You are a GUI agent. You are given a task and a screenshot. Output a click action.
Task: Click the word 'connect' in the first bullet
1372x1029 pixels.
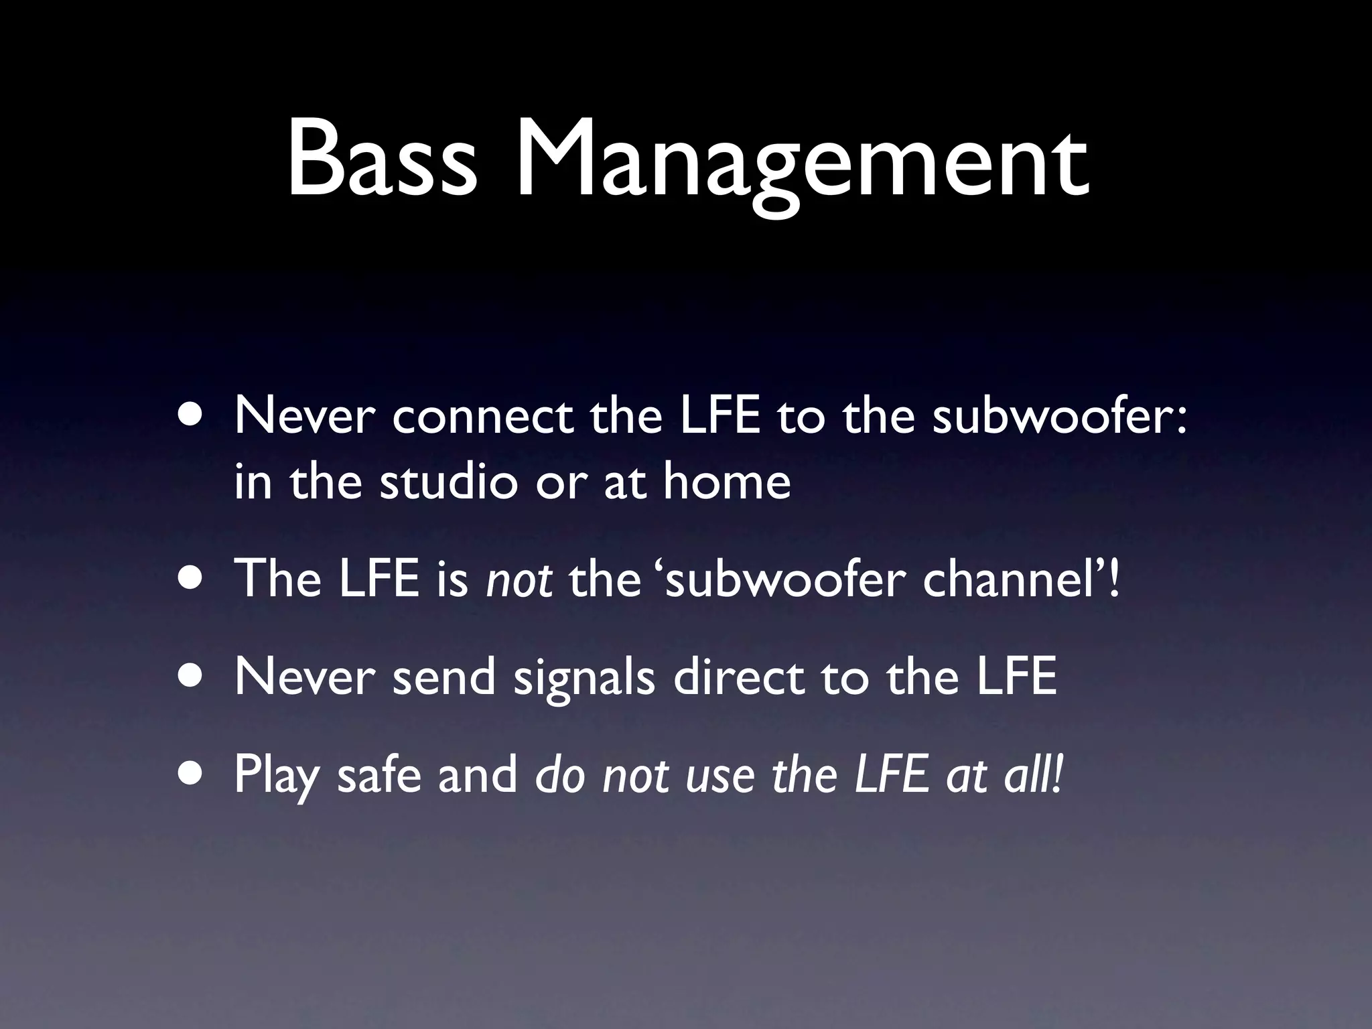point(482,416)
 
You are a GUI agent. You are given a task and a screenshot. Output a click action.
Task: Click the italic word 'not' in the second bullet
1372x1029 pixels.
point(519,579)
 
